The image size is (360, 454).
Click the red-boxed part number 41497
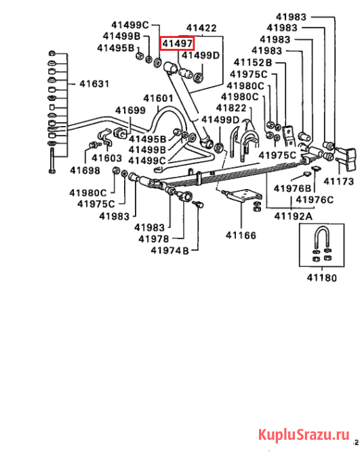(x=177, y=44)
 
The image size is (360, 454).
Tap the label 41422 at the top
(x=201, y=28)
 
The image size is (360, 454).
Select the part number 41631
(x=94, y=84)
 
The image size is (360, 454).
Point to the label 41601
(x=158, y=98)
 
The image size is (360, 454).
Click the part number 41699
(x=130, y=110)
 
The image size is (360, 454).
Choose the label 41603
(x=107, y=158)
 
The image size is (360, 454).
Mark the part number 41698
(x=85, y=170)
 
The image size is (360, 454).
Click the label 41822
(x=231, y=108)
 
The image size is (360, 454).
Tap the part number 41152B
(x=253, y=62)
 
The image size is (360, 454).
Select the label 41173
(x=339, y=182)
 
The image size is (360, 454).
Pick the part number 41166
(x=241, y=235)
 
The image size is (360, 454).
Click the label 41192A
(x=294, y=216)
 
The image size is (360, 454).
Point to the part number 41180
(x=322, y=278)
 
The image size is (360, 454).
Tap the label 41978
(x=154, y=239)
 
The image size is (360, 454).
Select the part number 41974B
(x=169, y=251)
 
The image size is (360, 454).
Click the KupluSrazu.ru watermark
(x=304, y=434)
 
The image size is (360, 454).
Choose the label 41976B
(x=292, y=188)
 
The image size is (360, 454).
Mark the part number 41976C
(x=315, y=200)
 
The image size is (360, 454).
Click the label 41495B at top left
(x=116, y=48)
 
